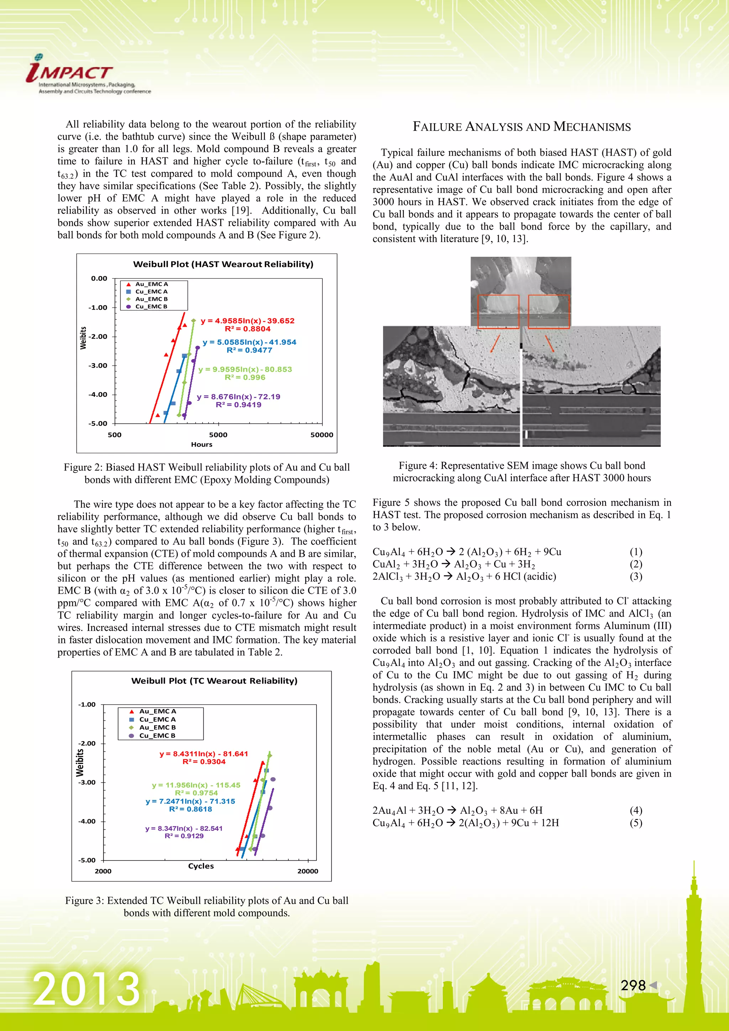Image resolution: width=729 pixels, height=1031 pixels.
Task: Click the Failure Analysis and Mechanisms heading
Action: [521, 127]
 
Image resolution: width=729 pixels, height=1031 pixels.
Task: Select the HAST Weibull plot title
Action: [223, 265]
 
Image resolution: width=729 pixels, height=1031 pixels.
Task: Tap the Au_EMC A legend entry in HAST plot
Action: [151, 284]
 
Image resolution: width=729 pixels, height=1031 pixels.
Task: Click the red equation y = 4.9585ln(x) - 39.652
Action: [247, 321]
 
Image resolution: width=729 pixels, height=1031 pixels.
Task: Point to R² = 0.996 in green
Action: [245, 377]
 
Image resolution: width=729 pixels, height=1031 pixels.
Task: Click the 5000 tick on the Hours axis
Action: [218, 435]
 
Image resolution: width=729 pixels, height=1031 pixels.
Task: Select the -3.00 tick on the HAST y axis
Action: [99, 366]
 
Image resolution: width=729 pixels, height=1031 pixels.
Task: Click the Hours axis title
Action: [201, 445]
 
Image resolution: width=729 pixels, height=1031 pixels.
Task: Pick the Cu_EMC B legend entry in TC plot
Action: [157, 736]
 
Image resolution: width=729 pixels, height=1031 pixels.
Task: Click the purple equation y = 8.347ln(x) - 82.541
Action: [184, 828]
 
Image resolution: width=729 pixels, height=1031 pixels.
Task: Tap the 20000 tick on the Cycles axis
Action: [308, 871]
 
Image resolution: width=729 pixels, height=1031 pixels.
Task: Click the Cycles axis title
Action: [201, 866]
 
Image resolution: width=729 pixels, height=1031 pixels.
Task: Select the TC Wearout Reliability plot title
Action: [214, 681]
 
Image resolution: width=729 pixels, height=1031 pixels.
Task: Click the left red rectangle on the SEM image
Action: [498, 311]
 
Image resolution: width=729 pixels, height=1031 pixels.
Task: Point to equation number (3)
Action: [636, 577]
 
